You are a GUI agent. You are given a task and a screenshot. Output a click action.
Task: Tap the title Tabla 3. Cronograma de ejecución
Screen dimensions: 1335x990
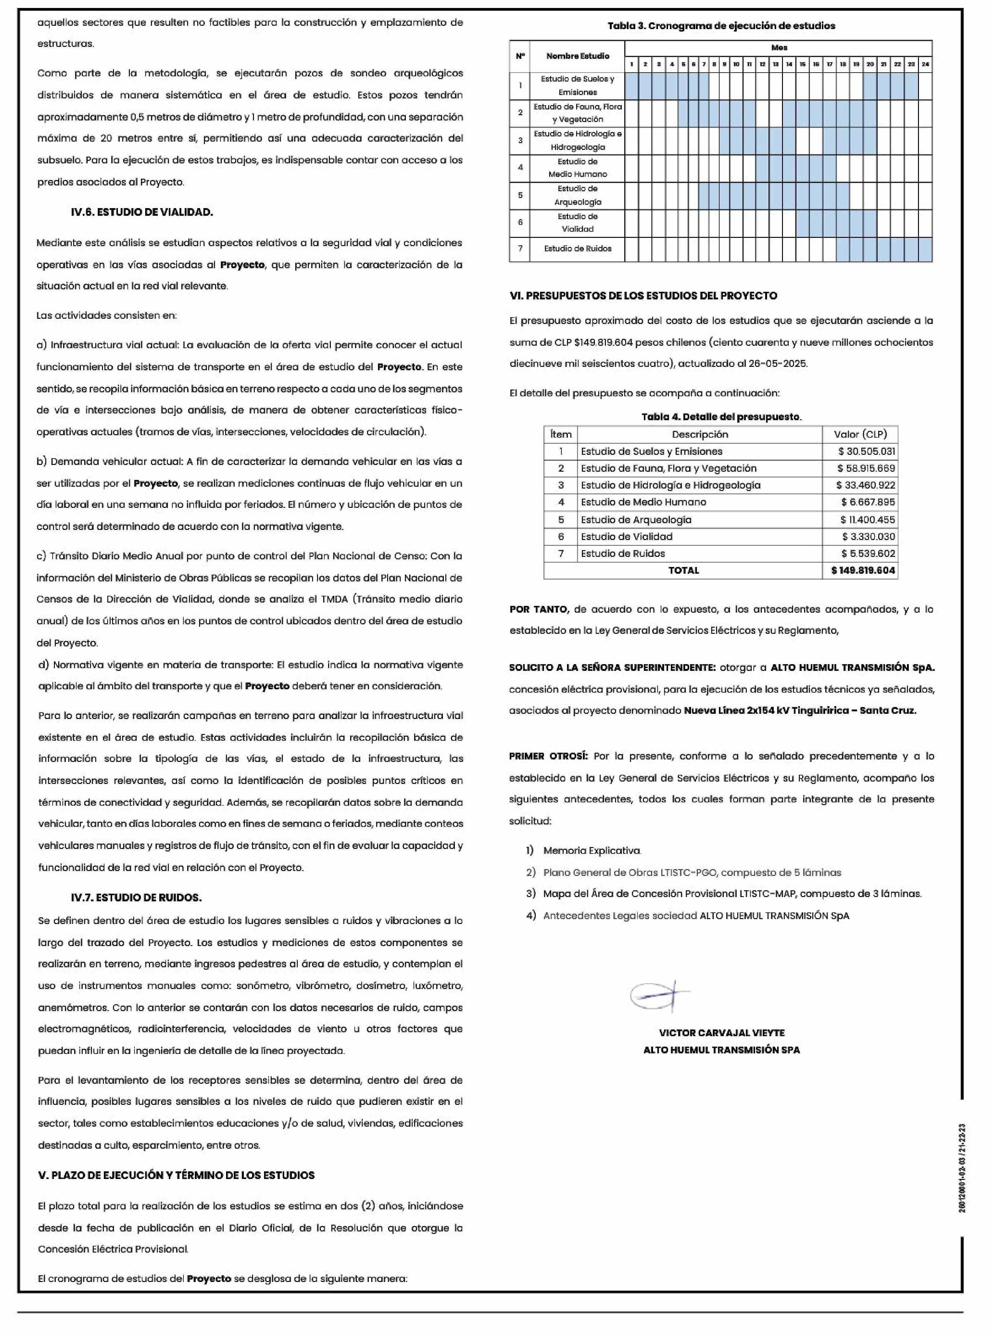[721, 26]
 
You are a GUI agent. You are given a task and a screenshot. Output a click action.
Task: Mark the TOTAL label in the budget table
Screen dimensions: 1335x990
[683, 570]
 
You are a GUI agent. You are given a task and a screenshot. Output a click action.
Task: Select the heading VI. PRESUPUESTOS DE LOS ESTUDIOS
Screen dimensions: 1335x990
[643, 295]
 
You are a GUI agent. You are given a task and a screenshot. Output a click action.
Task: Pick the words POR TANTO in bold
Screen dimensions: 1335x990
[538, 609]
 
